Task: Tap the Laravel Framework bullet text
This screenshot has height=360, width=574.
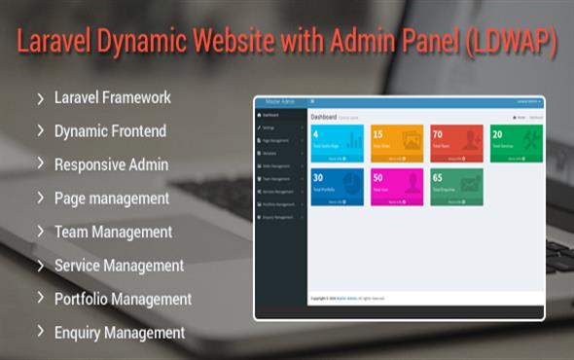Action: (x=113, y=97)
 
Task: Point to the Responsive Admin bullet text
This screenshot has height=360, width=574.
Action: (x=111, y=164)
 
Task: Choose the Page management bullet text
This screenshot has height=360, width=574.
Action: (x=112, y=198)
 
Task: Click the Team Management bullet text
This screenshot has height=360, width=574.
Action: (x=113, y=232)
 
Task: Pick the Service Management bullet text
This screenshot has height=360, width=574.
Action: (x=119, y=265)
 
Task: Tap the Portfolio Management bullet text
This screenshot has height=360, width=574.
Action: (x=123, y=299)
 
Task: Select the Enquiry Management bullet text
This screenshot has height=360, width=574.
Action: (x=120, y=332)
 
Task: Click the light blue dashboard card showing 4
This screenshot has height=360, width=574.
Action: (x=337, y=144)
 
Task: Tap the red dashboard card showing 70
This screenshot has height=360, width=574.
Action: (x=456, y=144)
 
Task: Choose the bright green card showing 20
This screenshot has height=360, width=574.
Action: (x=516, y=144)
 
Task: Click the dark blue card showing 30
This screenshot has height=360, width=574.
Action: (x=337, y=187)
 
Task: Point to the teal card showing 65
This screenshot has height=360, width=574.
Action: (x=456, y=187)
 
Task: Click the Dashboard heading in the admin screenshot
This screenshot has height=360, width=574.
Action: (x=323, y=117)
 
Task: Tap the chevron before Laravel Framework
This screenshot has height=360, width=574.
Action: (x=41, y=97)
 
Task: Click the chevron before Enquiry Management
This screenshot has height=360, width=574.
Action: (x=41, y=332)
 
